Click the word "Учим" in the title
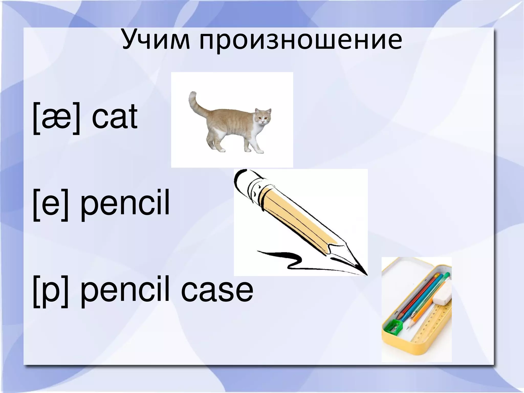click(x=156, y=41)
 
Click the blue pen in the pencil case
click(x=420, y=297)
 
